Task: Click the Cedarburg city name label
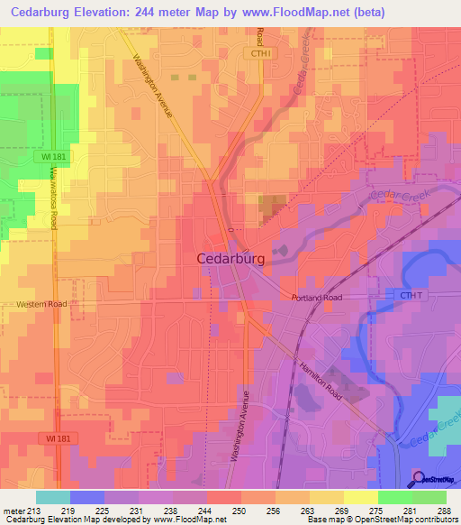(230, 258)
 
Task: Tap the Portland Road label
(317, 298)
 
